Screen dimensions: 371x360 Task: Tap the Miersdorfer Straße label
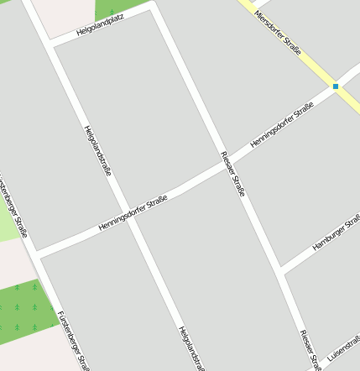coord(277,31)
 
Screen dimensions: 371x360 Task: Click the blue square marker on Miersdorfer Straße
coord(336,86)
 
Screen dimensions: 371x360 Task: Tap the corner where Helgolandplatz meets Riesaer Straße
coord(154,7)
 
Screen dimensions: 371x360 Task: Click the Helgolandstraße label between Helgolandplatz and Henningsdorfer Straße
coord(97,151)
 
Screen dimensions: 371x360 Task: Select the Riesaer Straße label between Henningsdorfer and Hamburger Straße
coord(232,174)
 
